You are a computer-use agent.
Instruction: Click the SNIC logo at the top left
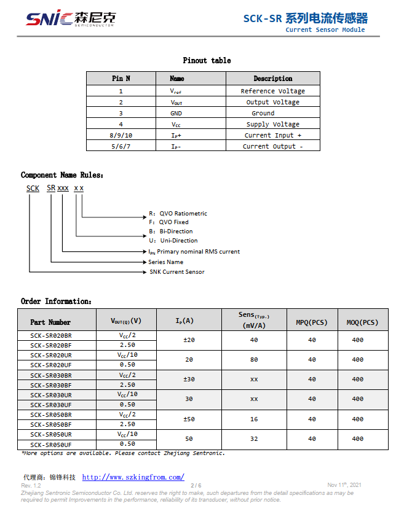[x=69, y=18]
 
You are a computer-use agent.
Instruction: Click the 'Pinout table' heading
[x=207, y=60]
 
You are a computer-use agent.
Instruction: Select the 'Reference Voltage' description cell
[x=272, y=91]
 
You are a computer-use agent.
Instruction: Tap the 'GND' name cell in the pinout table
[x=176, y=113]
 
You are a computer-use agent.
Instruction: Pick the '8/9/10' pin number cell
[x=121, y=135]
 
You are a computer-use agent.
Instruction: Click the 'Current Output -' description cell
[x=272, y=146]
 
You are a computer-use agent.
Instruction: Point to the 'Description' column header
[x=272, y=79]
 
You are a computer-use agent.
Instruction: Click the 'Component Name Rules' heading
[x=62, y=175]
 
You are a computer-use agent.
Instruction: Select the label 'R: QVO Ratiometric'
[x=178, y=214]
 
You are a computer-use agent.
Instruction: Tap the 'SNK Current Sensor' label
[x=177, y=271]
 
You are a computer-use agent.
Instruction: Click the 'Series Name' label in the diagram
[x=165, y=262]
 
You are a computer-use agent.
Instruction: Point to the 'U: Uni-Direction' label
[x=173, y=241]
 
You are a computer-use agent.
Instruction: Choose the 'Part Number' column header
[x=50, y=322]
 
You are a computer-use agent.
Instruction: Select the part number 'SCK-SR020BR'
[x=51, y=335]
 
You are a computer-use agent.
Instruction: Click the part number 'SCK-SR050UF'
[x=51, y=444]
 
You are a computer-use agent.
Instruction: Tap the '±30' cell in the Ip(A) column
[x=189, y=379]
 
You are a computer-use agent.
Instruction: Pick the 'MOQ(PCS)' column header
[x=362, y=322]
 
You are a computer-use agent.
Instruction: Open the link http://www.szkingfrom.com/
[x=133, y=477]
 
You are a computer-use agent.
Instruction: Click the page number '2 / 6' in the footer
[x=196, y=485]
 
